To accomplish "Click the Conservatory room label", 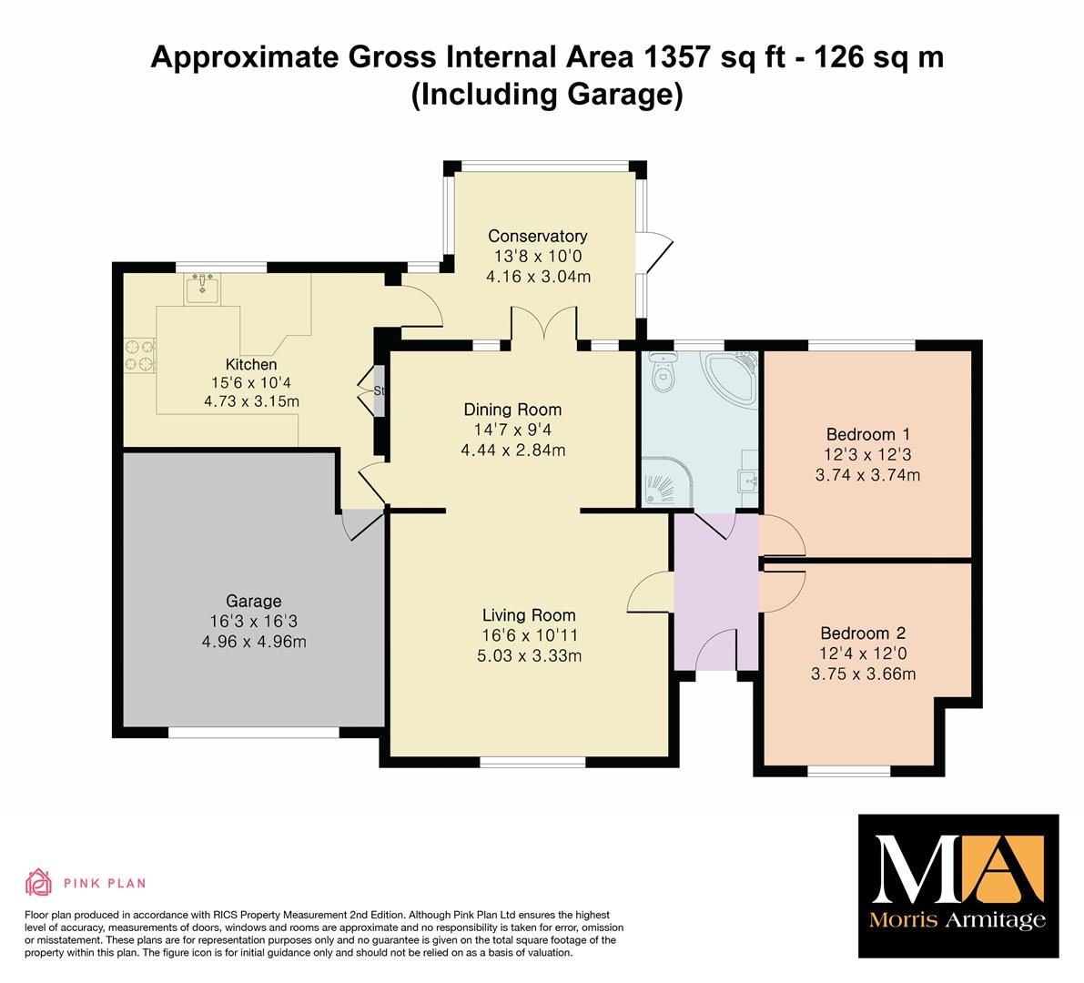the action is coord(537,236).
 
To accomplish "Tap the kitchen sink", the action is coord(202,289).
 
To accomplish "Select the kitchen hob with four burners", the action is coord(140,355).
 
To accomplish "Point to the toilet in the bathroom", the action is coord(663,373).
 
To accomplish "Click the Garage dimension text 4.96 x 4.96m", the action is coord(254,642).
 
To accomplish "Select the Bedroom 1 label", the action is coord(868,434).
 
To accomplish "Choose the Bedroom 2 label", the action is coord(863,633).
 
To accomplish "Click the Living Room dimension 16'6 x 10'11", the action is coord(530,635).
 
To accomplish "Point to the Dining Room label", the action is coord(512,410).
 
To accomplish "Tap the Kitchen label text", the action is coord(251,364).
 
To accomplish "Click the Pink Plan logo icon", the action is coord(39,882).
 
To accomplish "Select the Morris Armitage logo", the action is coord(958,886).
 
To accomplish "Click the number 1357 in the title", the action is coord(677,56).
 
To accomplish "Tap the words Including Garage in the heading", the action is coord(547,94).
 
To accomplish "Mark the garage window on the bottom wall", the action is coord(254,732).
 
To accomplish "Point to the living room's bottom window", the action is coord(533,762).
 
